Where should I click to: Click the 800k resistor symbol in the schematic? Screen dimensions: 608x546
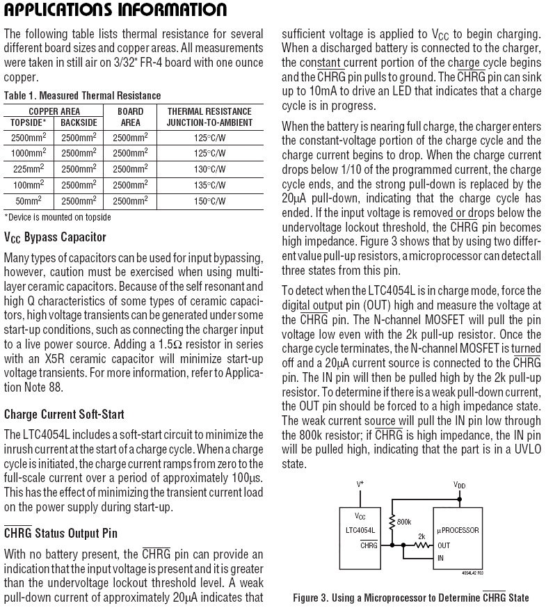pos(392,521)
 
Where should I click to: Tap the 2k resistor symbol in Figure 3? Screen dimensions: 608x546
pos(421,545)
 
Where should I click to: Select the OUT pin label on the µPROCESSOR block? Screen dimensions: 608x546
pos(444,545)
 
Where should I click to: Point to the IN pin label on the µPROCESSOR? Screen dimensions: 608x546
pos(440,558)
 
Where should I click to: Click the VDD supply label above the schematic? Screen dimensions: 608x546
pos(460,484)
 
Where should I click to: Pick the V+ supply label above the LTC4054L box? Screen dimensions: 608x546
pos(360,483)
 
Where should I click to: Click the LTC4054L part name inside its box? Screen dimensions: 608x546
pos(360,530)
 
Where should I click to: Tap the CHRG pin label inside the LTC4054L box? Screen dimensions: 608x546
pos(369,545)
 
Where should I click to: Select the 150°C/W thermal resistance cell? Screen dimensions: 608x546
pos(209,201)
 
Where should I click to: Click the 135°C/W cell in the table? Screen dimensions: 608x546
pos(209,185)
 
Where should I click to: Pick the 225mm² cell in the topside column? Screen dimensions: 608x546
pos(31,169)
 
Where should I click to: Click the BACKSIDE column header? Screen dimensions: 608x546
pos(79,122)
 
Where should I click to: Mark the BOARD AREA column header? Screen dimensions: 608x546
pos(130,117)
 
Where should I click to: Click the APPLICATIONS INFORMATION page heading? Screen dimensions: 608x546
pos(115,10)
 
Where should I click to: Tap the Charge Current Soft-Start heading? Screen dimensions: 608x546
pos(64,415)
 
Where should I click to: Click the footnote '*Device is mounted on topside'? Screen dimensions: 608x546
pos(58,217)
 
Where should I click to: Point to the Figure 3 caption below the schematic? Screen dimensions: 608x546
pos(410,598)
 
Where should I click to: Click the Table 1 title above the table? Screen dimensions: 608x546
pos(82,95)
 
